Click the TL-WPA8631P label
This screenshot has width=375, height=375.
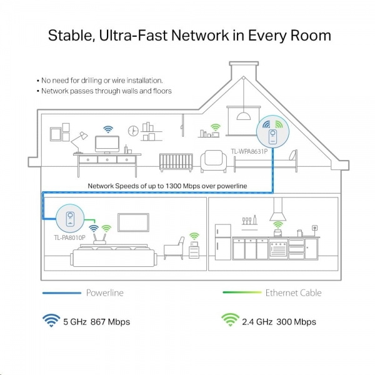point(249,151)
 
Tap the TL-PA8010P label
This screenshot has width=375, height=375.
point(69,237)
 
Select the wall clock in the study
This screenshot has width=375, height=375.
point(133,131)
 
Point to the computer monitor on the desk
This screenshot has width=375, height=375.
point(107,144)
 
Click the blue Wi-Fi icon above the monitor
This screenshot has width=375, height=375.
point(108,129)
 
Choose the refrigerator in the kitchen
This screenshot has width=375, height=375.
point(223,242)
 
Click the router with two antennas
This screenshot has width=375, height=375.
point(99,239)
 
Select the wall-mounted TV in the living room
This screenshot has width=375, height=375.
point(133,222)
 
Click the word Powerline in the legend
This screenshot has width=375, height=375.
point(105,292)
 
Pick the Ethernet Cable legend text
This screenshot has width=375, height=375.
point(294,292)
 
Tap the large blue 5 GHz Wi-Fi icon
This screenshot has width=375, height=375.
point(51,320)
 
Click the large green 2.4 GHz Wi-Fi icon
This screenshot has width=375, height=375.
point(230,319)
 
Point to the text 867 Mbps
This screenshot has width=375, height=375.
point(110,322)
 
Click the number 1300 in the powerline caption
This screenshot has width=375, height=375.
point(173,186)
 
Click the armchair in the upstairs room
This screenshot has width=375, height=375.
point(213,161)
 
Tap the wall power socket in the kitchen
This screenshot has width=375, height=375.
point(315,228)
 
